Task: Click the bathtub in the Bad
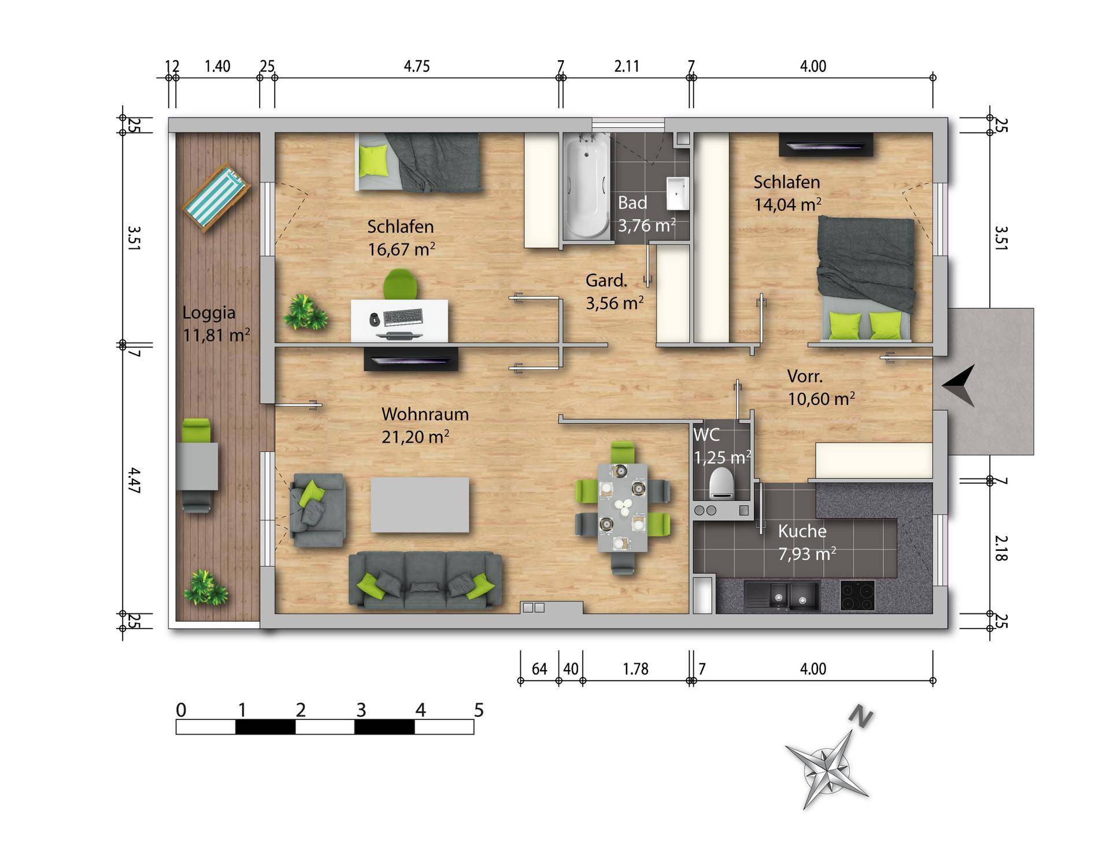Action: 587,186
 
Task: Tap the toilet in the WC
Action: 721,483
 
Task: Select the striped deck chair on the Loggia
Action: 216,198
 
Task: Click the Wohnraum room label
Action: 425,414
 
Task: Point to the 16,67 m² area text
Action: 401,249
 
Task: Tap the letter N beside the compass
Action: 861,716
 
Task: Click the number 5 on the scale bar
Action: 479,710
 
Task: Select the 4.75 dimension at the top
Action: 417,67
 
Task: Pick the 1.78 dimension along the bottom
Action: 636,669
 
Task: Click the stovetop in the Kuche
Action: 857,595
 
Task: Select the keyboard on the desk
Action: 403,317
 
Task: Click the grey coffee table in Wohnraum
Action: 420,505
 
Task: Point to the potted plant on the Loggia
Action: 205,588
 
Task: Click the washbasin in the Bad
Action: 678,193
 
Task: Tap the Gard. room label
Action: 606,281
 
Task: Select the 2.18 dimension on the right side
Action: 1001,547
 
